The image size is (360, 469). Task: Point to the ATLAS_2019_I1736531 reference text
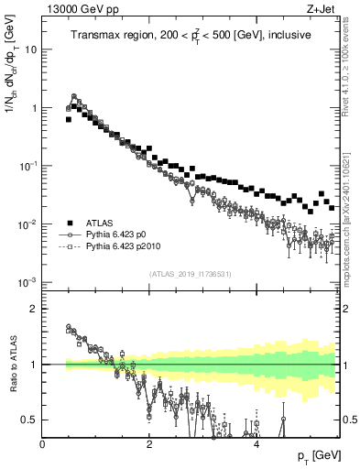[x=191, y=274]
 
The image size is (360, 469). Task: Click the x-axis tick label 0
[x=42, y=443]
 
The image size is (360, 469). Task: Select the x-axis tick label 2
[x=149, y=443]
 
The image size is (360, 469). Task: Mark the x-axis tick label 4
[x=256, y=443]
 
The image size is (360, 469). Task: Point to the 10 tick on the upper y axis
[x=30, y=50]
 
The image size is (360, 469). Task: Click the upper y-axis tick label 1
[x=34, y=108]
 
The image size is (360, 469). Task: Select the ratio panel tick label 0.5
[x=30, y=420]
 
